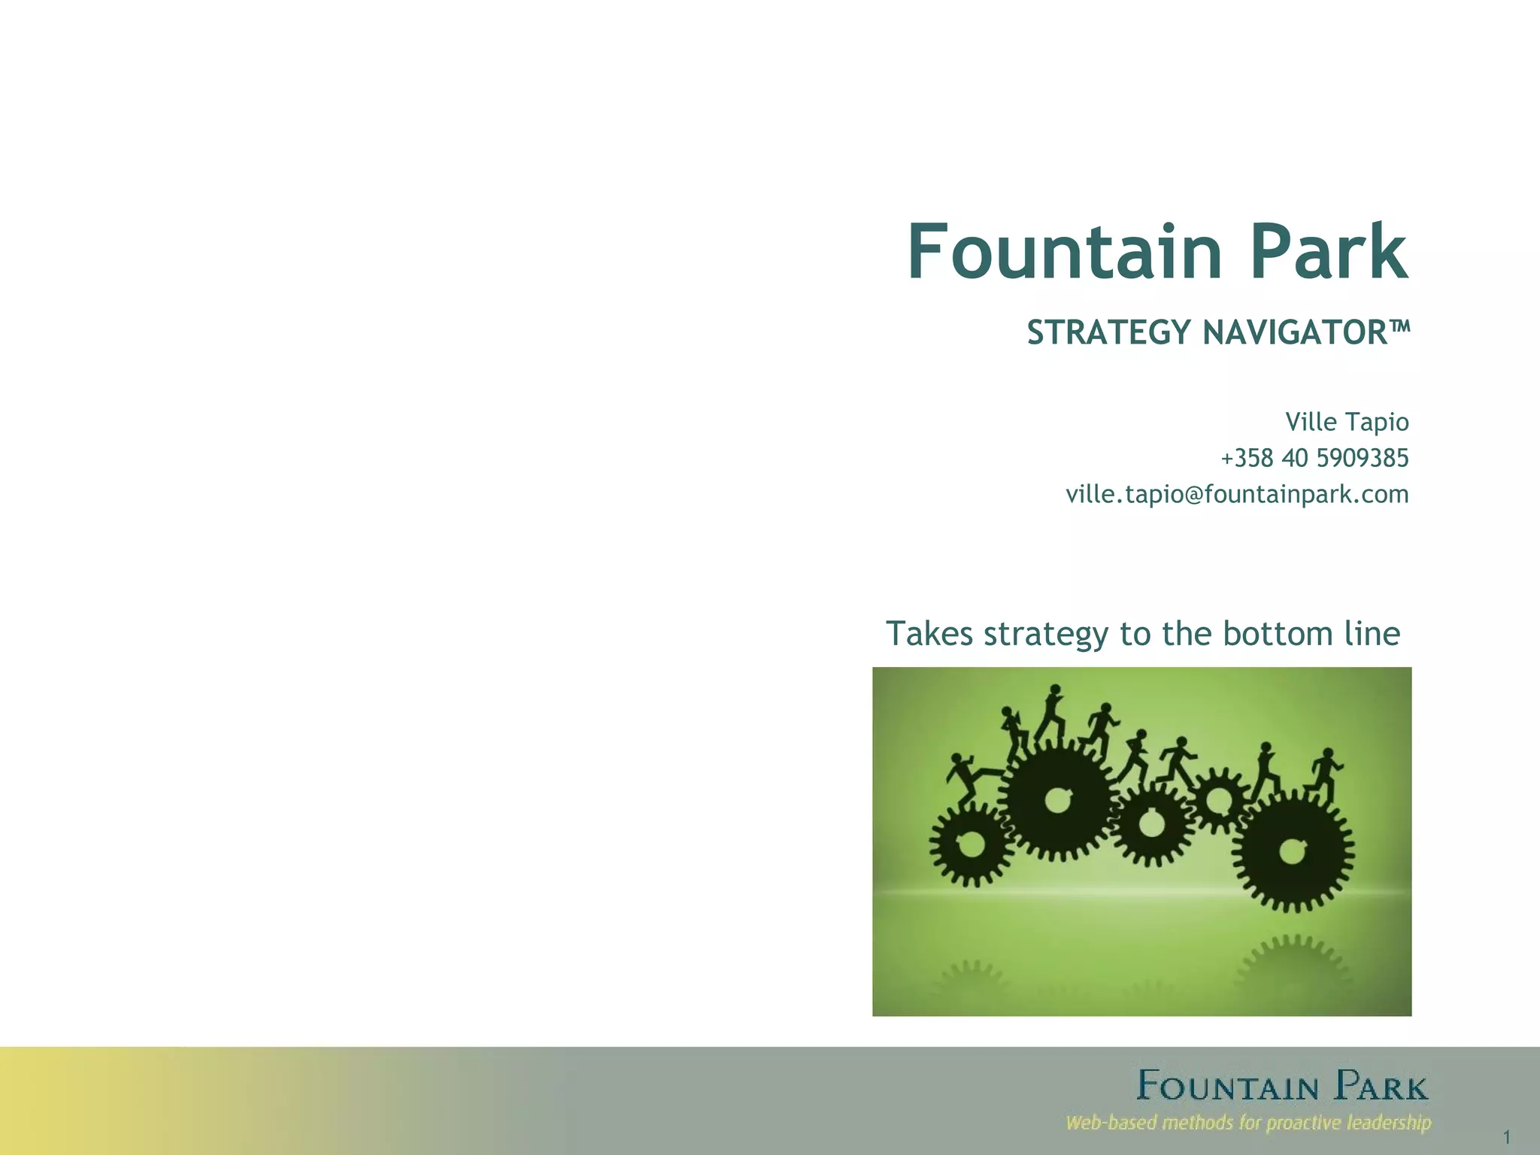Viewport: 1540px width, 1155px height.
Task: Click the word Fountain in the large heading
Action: coord(1065,252)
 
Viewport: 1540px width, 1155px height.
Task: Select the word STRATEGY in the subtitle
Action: coord(1110,332)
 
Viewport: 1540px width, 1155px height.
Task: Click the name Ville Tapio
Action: coord(1347,422)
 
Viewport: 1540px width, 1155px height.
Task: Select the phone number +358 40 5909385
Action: coord(1314,458)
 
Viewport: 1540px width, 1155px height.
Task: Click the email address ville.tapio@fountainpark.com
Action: coord(1237,494)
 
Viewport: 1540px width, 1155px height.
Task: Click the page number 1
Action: coord(1507,1137)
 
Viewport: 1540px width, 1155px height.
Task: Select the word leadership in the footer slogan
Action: coord(1389,1123)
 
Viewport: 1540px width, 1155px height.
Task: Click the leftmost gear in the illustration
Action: coord(971,844)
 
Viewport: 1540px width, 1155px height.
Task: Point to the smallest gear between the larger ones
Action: coord(1217,799)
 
